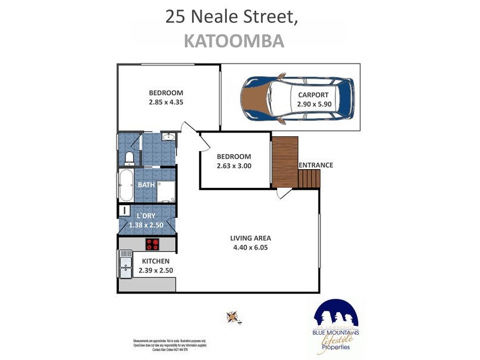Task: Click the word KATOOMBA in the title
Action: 233,41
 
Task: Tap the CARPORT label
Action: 313,95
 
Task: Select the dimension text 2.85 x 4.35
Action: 166,102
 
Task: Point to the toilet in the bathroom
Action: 129,157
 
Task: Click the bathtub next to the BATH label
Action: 127,185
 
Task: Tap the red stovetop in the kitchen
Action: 153,244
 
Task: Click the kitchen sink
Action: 125,265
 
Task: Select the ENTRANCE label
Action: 315,166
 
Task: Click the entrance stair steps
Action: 310,178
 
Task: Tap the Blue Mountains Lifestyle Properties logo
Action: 335,327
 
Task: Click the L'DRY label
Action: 147,216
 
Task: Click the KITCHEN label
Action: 155,262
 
